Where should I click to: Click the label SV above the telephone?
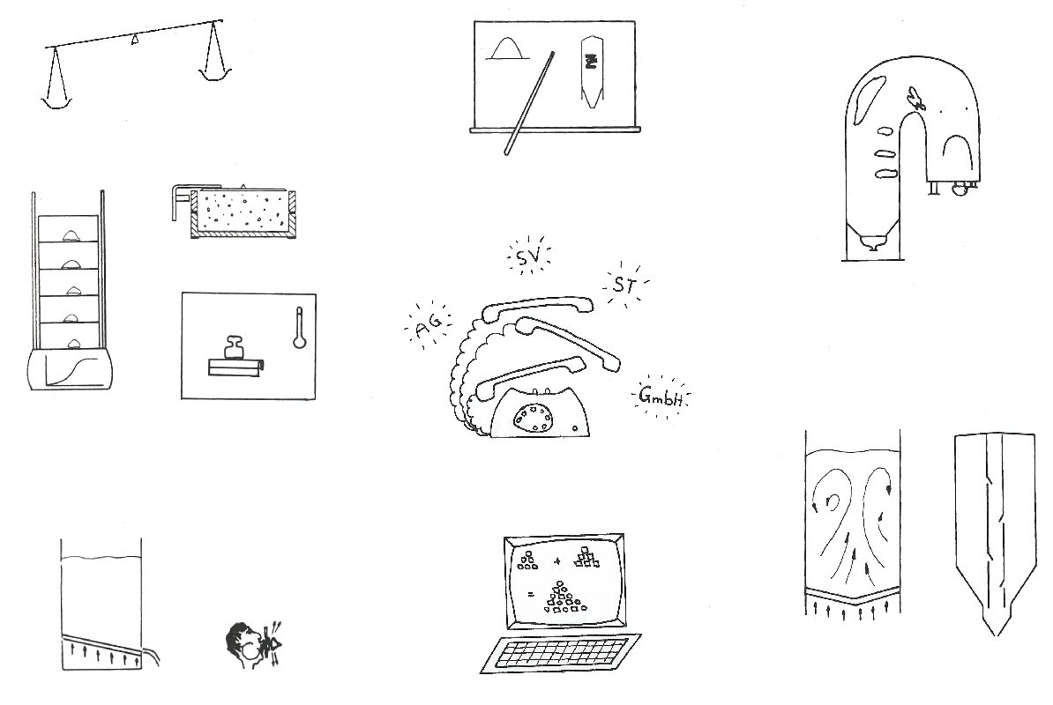tap(528, 257)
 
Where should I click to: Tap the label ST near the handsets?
tap(624, 286)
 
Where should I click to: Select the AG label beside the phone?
tap(429, 327)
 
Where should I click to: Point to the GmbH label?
tap(661, 397)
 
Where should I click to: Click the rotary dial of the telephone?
tap(534, 418)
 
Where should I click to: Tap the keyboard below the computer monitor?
tap(560, 653)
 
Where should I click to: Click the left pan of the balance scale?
tap(56, 101)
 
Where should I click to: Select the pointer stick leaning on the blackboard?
tap(529, 103)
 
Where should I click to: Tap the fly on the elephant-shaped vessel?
tap(915, 99)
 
